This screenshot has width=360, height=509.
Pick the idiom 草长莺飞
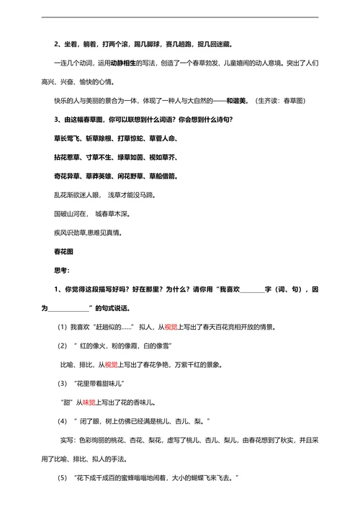click(x=68, y=138)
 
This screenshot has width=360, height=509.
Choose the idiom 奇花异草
click(x=68, y=175)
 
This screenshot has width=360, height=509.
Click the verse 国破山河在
click(x=71, y=214)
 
